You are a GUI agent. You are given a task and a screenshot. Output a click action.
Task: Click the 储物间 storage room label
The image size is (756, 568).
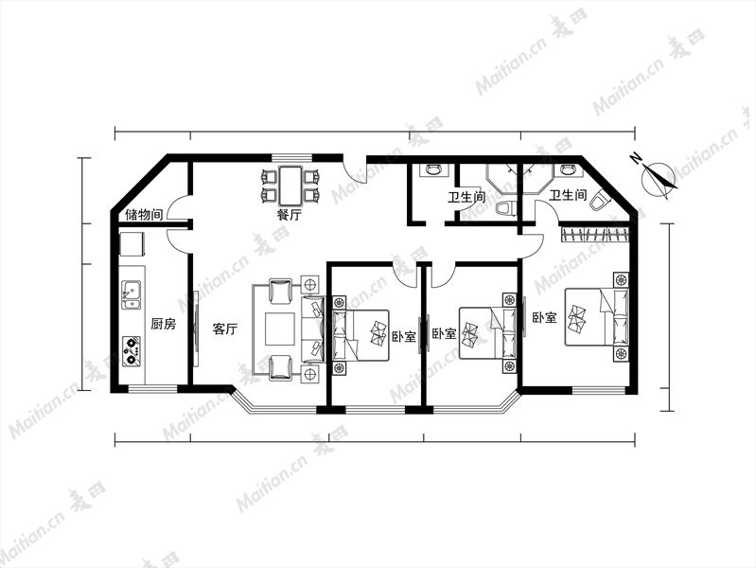pos(144,214)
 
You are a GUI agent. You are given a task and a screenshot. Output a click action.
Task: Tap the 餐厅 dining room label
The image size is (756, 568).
pos(289,215)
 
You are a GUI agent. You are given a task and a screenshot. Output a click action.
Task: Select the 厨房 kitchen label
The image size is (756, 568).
pos(163,324)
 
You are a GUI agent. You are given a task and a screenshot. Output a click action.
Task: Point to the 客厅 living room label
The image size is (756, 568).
pos(224,329)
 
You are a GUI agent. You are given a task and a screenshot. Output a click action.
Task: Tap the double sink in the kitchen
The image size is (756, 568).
pos(131,294)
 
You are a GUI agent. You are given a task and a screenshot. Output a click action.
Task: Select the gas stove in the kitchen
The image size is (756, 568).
pos(131,351)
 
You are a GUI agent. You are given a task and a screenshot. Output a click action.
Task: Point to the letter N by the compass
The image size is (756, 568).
pos(637,157)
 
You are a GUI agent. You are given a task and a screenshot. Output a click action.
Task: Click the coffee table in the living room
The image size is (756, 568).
pos(280,329)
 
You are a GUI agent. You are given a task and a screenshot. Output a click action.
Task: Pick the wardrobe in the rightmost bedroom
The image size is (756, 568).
pos(595,235)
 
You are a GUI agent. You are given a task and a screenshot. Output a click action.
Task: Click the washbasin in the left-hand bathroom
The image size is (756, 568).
pos(433,169)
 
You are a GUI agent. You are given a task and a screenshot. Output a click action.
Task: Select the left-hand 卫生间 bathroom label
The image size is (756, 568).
pos(466,197)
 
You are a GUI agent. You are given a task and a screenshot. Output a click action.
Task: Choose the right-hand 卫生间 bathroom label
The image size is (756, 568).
pos(568,195)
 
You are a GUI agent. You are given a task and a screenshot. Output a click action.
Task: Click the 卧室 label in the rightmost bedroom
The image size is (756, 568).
pos(544,317)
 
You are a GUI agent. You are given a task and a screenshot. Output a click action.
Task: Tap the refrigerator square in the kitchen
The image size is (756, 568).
pos(132,243)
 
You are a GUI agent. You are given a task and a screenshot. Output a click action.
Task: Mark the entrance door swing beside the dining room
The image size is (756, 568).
pos(355,171)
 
